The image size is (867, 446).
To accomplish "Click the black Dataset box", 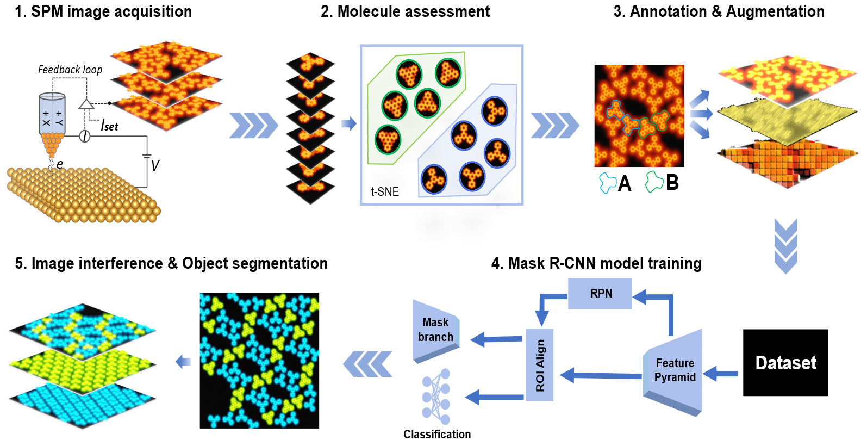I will click(785, 362).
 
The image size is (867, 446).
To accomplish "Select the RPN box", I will click(600, 294).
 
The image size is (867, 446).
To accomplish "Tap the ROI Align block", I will click(540, 365).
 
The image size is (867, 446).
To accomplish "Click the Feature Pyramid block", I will click(675, 370).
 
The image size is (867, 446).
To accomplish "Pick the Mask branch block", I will click(435, 330).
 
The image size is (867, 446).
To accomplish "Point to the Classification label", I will click(437, 434).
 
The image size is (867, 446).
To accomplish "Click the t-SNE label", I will click(385, 191).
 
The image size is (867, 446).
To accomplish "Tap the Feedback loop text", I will click(70, 70).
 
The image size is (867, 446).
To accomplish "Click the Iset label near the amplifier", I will click(109, 126).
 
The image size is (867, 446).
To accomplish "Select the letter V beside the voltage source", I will click(155, 165).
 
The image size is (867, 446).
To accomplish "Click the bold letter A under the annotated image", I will click(625, 183).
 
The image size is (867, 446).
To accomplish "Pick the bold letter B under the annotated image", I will click(672, 183).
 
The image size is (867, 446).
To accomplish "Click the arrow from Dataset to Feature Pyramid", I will click(721, 374).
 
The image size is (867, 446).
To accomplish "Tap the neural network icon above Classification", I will click(436, 397).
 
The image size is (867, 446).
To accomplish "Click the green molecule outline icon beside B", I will click(654, 182).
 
